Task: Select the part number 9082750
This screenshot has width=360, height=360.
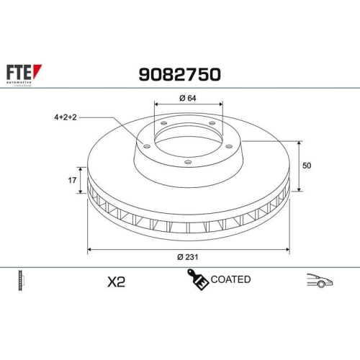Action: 179,74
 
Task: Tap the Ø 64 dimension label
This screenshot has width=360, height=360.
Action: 189,98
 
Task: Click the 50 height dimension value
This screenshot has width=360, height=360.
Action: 307,166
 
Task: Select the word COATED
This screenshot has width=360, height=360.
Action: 231,279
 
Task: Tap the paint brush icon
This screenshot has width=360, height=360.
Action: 197,280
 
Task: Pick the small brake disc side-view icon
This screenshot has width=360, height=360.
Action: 21,281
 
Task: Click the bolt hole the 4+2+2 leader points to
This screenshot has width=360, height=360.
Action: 147,146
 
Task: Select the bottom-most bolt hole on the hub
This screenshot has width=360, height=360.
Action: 188,163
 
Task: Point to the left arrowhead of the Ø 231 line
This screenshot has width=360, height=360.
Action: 89,249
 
